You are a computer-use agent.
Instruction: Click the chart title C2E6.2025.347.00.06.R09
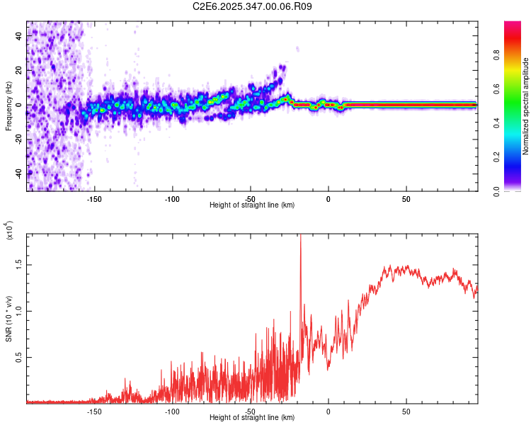[252, 6]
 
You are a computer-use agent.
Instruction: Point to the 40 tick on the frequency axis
[20, 36]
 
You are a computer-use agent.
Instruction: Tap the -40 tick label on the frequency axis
[20, 173]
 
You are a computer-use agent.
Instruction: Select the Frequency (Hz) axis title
[8, 105]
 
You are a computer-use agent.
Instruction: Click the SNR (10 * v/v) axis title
[8, 317]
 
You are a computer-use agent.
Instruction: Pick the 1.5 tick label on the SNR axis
[20, 264]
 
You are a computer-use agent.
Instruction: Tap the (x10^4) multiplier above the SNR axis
[9, 230]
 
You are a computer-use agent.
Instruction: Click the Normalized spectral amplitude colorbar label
[525, 106]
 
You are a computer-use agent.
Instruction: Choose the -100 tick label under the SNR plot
[172, 410]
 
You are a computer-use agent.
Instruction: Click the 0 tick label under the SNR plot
[329, 410]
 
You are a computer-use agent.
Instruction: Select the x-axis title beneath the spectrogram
[252, 205]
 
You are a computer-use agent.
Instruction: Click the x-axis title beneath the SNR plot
[252, 417]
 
